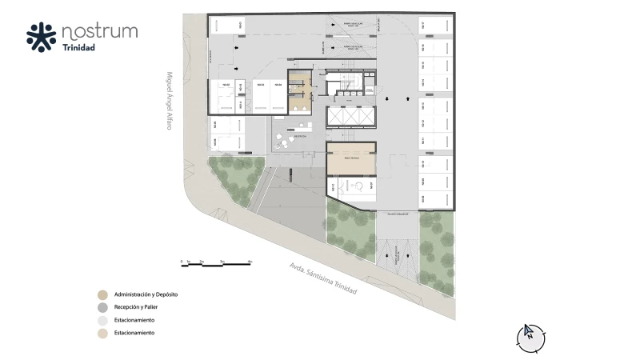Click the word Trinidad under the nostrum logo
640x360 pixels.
pos(79,48)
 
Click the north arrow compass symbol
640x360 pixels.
pos(529,335)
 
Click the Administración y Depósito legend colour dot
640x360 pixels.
pos(102,294)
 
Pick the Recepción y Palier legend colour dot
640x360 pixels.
pos(102,307)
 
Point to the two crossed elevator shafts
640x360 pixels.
pos(350,116)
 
